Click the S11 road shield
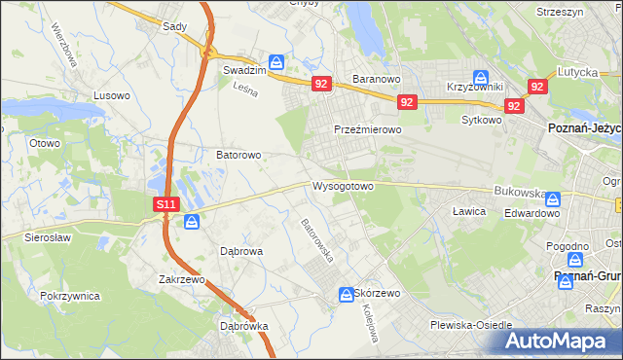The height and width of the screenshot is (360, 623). (x=165, y=204)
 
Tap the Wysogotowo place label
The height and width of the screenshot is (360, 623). (x=343, y=186)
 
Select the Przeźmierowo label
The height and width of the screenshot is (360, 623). (x=368, y=129)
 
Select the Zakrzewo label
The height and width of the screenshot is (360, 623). (x=183, y=279)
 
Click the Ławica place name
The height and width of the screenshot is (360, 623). (x=468, y=211)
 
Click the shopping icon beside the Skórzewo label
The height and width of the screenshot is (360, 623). (x=346, y=294)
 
